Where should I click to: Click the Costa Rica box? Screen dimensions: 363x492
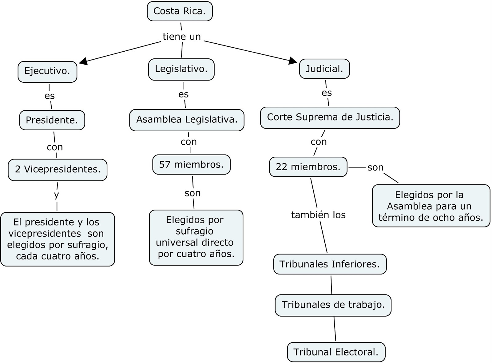tap(180, 11)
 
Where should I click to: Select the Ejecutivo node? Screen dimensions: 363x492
tap(47, 72)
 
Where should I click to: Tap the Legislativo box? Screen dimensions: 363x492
tap(181, 69)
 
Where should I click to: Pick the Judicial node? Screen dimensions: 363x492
tap(324, 69)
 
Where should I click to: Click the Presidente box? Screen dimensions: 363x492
tap(52, 120)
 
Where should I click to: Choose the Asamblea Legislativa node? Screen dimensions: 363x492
tap(187, 120)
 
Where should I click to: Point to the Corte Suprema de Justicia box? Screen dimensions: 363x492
tap(330, 117)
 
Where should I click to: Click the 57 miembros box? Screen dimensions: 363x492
tap(191, 165)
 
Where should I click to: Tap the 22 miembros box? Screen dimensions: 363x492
tap(308, 167)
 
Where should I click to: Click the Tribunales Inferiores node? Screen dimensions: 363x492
tap(330, 264)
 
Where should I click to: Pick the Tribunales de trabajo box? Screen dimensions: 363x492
tap(333, 305)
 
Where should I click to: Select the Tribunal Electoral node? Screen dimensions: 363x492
tap(336, 352)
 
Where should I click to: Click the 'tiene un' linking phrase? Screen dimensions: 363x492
tap(181, 37)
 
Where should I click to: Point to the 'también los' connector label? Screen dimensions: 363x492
tap(318, 215)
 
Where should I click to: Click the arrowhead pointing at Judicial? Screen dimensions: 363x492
tap(293, 61)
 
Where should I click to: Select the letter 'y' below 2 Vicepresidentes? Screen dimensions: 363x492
tap(56, 195)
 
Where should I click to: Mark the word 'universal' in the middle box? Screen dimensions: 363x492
tap(175, 243)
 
